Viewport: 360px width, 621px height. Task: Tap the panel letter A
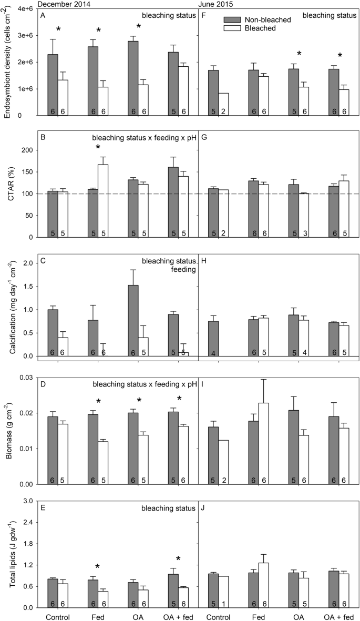pyautogui.click(x=43, y=16)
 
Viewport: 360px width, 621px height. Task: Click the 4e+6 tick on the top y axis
pyautogui.click(x=26, y=9)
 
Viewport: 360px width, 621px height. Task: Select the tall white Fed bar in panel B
pyautogui.click(x=103, y=200)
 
